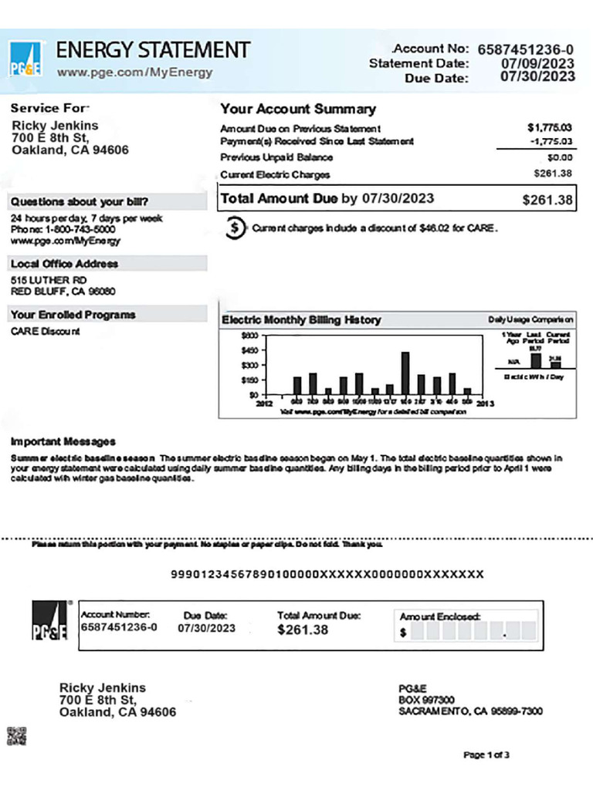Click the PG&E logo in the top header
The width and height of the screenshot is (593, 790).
pyautogui.click(x=26, y=59)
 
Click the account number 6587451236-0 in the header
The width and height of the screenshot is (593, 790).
pyautogui.click(x=526, y=49)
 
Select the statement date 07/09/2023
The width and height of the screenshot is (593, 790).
pyautogui.click(x=537, y=63)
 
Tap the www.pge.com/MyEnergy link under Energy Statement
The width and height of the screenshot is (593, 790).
pyautogui.click(x=134, y=73)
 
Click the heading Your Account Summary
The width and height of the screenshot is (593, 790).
pyautogui.click(x=298, y=110)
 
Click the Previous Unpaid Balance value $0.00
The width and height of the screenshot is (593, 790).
pyautogui.click(x=558, y=157)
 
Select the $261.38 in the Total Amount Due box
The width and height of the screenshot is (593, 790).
pyautogui.click(x=547, y=200)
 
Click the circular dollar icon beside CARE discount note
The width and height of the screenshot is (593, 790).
pyautogui.click(x=235, y=228)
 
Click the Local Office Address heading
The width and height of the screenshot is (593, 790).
pyautogui.click(x=64, y=264)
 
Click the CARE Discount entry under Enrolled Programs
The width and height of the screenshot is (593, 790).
pyautogui.click(x=46, y=332)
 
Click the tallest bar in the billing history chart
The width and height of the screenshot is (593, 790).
pyautogui.click(x=405, y=373)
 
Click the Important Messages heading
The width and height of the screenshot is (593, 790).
pyautogui.click(x=63, y=442)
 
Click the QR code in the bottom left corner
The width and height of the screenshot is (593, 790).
pyautogui.click(x=16, y=736)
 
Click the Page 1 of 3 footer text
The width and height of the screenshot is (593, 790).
pyautogui.click(x=486, y=755)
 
